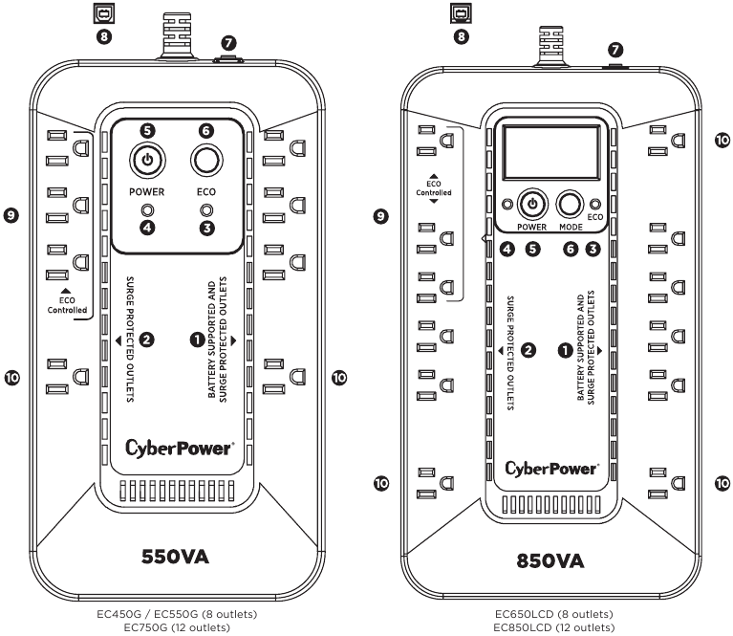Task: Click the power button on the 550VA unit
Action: (x=147, y=160)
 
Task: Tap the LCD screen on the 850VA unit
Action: (x=551, y=153)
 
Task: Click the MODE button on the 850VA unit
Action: (x=570, y=204)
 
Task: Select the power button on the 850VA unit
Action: (x=532, y=204)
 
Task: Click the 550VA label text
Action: (x=175, y=557)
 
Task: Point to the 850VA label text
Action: (x=550, y=560)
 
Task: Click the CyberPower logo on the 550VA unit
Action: (x=180, y=448)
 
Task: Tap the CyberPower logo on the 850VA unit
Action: (x=552, y=469)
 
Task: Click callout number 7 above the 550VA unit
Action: (x=228, y=43)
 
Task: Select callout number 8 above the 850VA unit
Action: (x=462, y=36)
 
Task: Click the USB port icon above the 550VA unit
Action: (x=104, y=13)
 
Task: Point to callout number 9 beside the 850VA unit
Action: (x=381, y=216)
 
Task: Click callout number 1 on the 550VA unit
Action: (x=198, y=340)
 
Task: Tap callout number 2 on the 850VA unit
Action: (x=528, y=350)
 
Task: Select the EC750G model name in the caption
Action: (x=145, y=627)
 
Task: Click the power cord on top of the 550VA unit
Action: (x=177, y=35)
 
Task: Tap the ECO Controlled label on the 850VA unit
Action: (x=434, y=188)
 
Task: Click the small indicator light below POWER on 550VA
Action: (x=147, y=210)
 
